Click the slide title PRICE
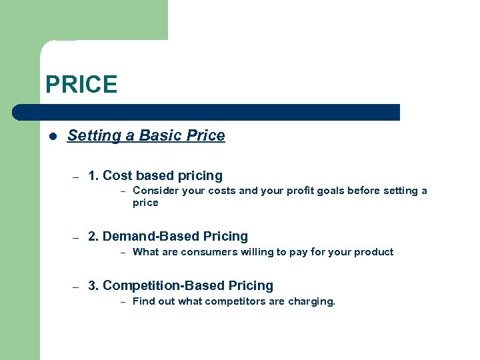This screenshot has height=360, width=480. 81,85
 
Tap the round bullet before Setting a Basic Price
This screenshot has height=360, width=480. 53,136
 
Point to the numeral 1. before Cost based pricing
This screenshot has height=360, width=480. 93,176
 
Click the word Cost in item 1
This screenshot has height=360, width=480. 118,176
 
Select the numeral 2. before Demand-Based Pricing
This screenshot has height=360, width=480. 93,237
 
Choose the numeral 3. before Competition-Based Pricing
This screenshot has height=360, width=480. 93,286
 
